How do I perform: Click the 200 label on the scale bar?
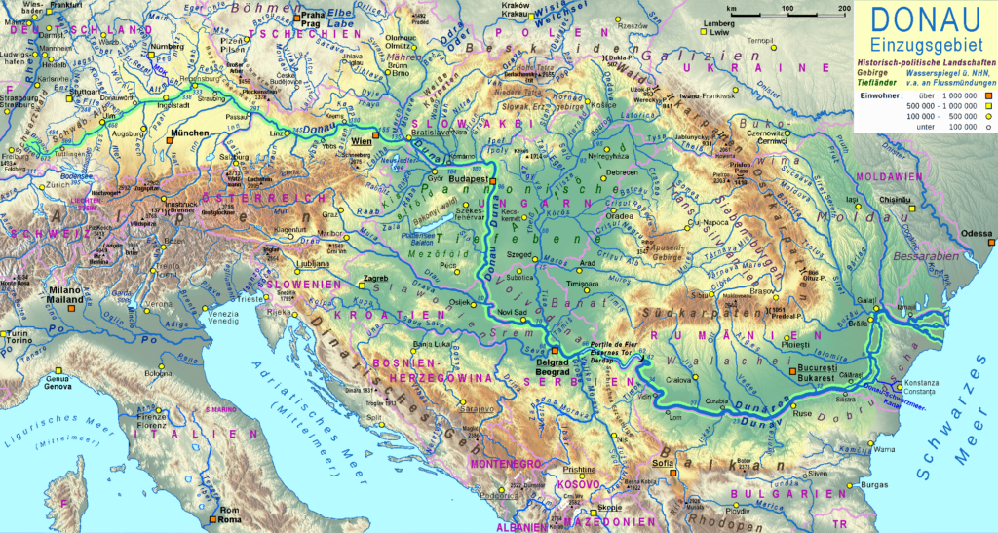point(844,8)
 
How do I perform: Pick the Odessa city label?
point(975,234)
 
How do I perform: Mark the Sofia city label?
point(663,465)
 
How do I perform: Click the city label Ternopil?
point(760,40)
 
